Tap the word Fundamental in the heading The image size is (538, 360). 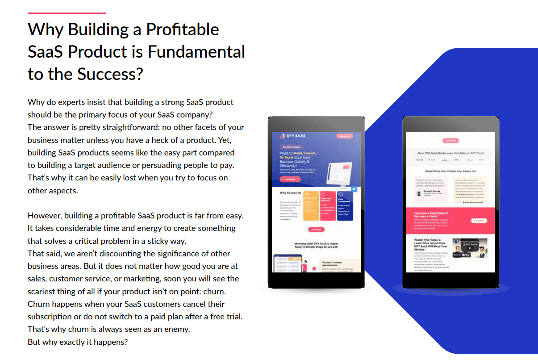click(196, 52)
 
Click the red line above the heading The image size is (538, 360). click(67, 13)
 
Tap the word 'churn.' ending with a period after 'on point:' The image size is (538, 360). click(215, 291)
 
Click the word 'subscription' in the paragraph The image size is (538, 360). click(49, 317)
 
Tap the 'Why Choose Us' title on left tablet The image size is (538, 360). click(290, 193)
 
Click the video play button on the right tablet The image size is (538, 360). click(469, 249)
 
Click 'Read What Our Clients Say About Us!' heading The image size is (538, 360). click(450, 171)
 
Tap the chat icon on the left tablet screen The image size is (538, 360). click(354, 189)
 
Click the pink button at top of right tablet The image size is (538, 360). click(450, 141)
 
